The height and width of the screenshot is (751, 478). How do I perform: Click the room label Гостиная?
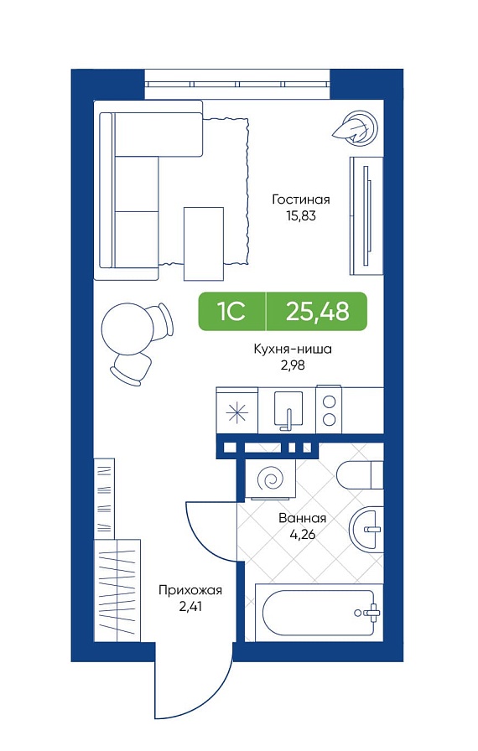point(301,199)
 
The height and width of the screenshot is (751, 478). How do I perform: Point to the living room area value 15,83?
point(301,215)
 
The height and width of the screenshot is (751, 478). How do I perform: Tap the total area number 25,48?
point(317,312)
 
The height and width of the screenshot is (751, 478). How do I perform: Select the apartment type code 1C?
point(232,312)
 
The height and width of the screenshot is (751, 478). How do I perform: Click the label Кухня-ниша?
point(293,350)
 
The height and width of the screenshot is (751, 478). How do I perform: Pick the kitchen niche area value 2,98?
point(293,365)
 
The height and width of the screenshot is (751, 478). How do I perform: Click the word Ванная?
point(302,518)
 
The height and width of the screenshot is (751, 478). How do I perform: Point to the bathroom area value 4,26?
point(302,534)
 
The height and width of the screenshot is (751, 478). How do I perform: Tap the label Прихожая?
point(190,590)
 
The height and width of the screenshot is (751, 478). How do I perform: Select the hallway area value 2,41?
point(190,606)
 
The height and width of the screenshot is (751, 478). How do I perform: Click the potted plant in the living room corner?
point(356,127)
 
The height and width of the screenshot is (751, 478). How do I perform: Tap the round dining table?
point(127,330)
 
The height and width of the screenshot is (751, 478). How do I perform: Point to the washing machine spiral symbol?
point(270,478)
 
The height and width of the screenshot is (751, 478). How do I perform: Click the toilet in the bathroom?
point(360,475)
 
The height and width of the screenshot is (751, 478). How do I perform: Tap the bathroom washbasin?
point(366,529)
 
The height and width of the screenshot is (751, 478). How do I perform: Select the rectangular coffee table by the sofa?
point(204,243)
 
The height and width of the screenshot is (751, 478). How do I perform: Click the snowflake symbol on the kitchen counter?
point(237,412)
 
